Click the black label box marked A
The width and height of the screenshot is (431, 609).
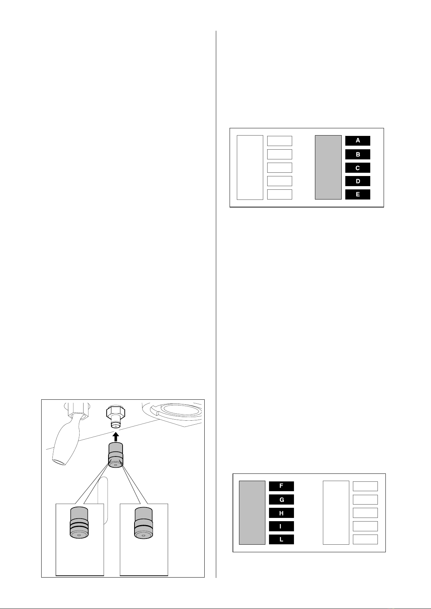pyautogui.click(x=358, y=141)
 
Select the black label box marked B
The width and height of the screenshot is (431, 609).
pyautogui.click(x=358, y=154)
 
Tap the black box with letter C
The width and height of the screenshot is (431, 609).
pyautogui.click(x=358, y=168)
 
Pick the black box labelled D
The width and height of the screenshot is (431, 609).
pyautogui.click(x=358, y=181)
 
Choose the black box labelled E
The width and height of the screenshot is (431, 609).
pyautogui.click(x=358, y=194)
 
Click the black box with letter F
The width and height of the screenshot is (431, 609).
pyautogui.click(x=281, y=486)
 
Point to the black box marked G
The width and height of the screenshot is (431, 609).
pyautogui.click(x=281, y=499)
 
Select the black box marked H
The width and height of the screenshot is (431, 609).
pyautogui.click(x=281, y=513)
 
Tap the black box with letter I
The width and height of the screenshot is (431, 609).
pyautogui.click(x=281, y=526)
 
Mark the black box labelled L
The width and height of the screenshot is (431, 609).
pyautogui.click(x=281, y=540)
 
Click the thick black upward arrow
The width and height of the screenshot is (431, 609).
pyautogui.click(x=116, y=436)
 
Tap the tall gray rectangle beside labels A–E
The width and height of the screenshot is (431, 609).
pyautogui.click(x=328, y=167)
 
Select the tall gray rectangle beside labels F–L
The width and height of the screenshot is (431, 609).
pyautogui.click(x=252, y=512)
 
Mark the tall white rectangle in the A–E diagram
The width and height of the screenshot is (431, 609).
pyautogui.click(x=250, y=167)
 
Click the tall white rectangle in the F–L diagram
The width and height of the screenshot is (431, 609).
pyautogui.click(x=336, y=512)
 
